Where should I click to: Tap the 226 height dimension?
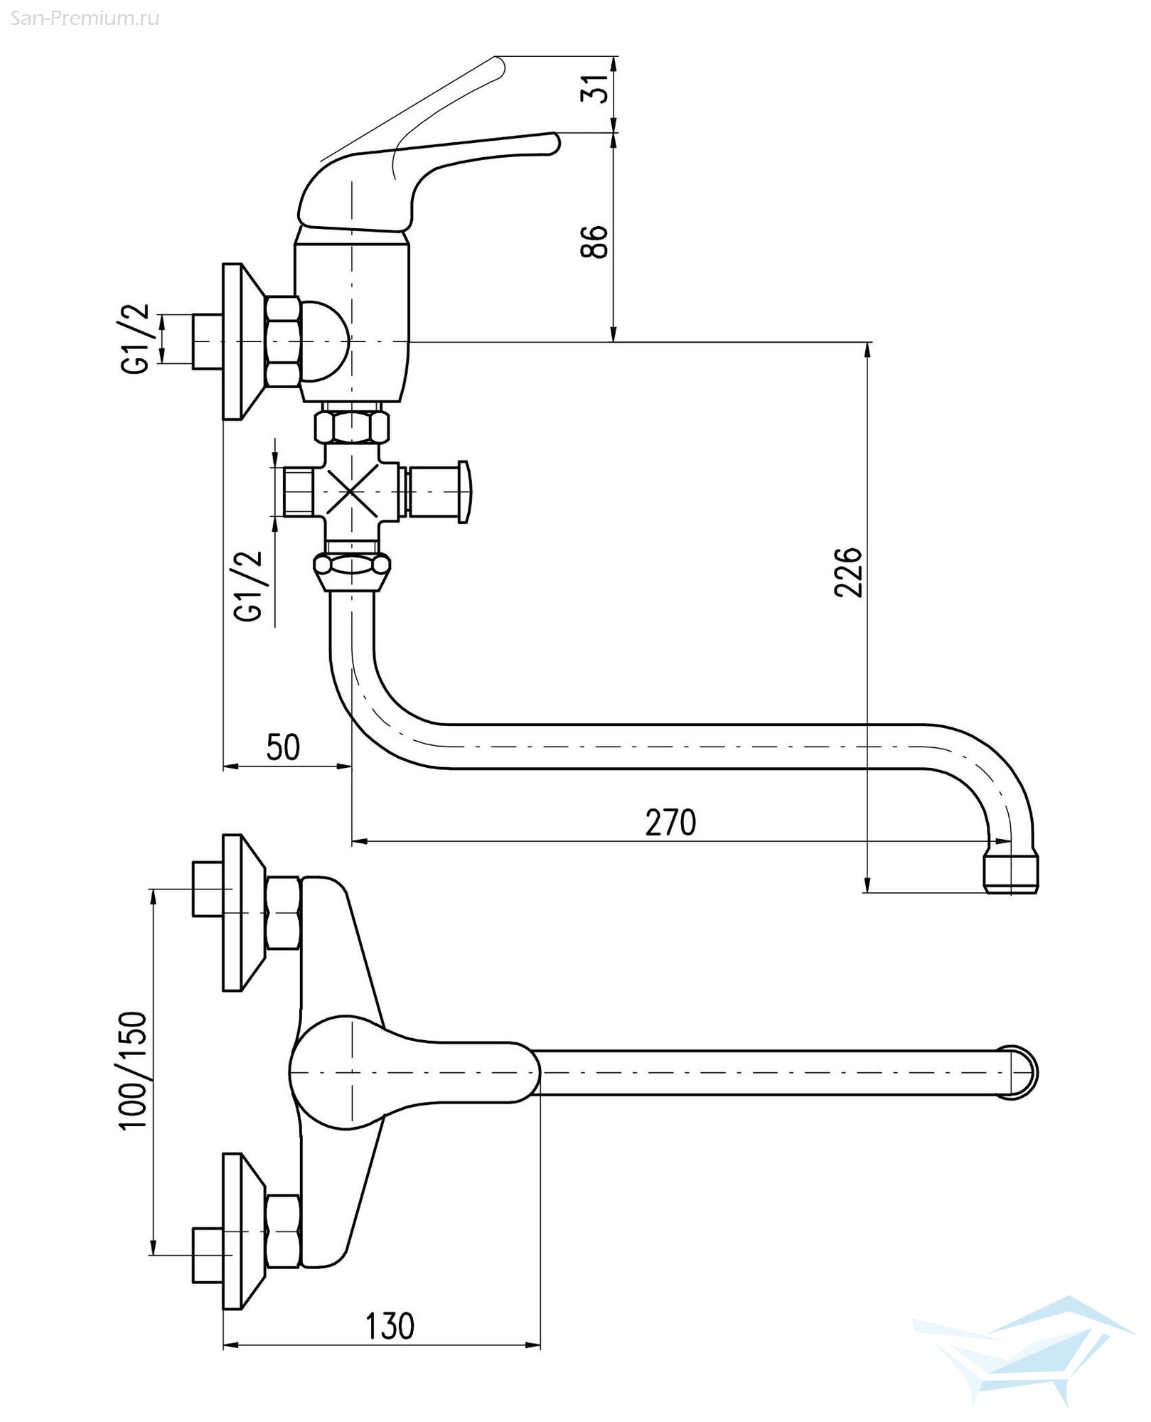pyautogui.click(x=848, y=572)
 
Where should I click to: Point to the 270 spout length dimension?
pyautogui.click(x=670, y=823)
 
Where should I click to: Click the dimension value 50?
pyautogui.click(x=283, y=747)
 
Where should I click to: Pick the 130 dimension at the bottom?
pyautogui.click(x=390, y=1326)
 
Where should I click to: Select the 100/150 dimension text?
pyautogui.click(x=133, y=1071)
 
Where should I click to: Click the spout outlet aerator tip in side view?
pyautogui.click(x=1012, y=875)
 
